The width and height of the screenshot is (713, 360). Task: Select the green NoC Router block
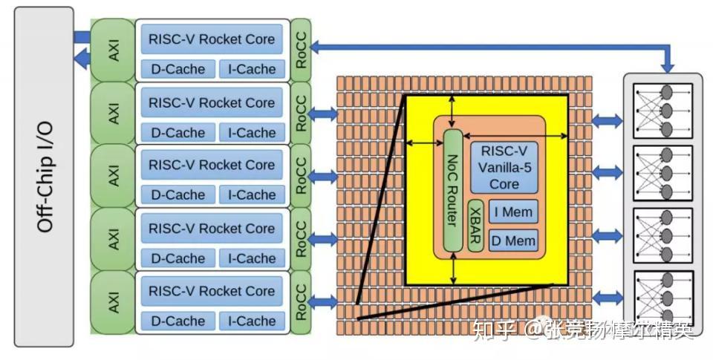(x=453, y=190)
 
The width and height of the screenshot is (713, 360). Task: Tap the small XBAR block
(x=476, y=226)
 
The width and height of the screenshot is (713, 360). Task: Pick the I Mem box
(x=513, y=212)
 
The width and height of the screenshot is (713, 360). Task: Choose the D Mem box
(x=513, y=240)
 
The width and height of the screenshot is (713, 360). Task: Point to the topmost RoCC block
(x=301, y=49)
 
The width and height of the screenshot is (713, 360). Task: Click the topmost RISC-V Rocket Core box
(x=212, y=39)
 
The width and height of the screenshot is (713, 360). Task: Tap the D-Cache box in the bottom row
(x=178, y=321)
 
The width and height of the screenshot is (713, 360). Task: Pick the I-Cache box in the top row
(x=252, y=69)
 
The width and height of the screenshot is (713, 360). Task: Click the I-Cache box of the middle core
(x=252, y=195)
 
